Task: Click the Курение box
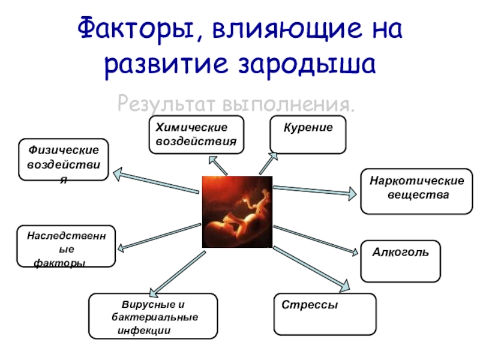pos(308,135)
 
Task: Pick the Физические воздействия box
pos(64,160)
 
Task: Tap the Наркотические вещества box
pos(416,191)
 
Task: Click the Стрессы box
pos(325,314)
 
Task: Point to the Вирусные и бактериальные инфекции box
pos(152,316)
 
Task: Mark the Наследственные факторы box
pos(66,246)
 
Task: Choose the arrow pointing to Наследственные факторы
pos(159,236)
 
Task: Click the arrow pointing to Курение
pos(269,163)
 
